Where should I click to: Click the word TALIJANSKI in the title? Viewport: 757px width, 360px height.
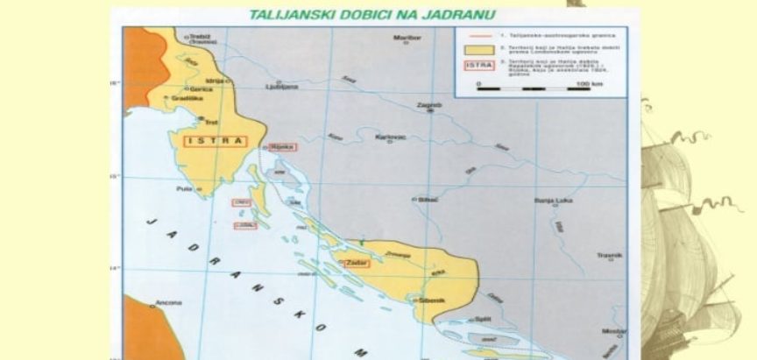tap(285, 15)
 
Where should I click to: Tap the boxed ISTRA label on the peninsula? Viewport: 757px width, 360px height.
tap(215, 140)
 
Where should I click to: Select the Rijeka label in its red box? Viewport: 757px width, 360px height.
tap(282, 146)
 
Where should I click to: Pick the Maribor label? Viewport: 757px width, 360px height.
tap(408, 39)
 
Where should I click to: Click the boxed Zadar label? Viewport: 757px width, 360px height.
tap(357, 262)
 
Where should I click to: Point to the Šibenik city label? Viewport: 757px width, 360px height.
tap(433, 300)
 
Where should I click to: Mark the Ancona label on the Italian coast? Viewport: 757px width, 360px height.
tap(169, 303)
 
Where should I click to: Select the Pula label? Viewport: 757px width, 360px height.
tap(185, 188)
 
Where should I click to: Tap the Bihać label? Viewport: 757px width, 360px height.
tap(428, 200)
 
